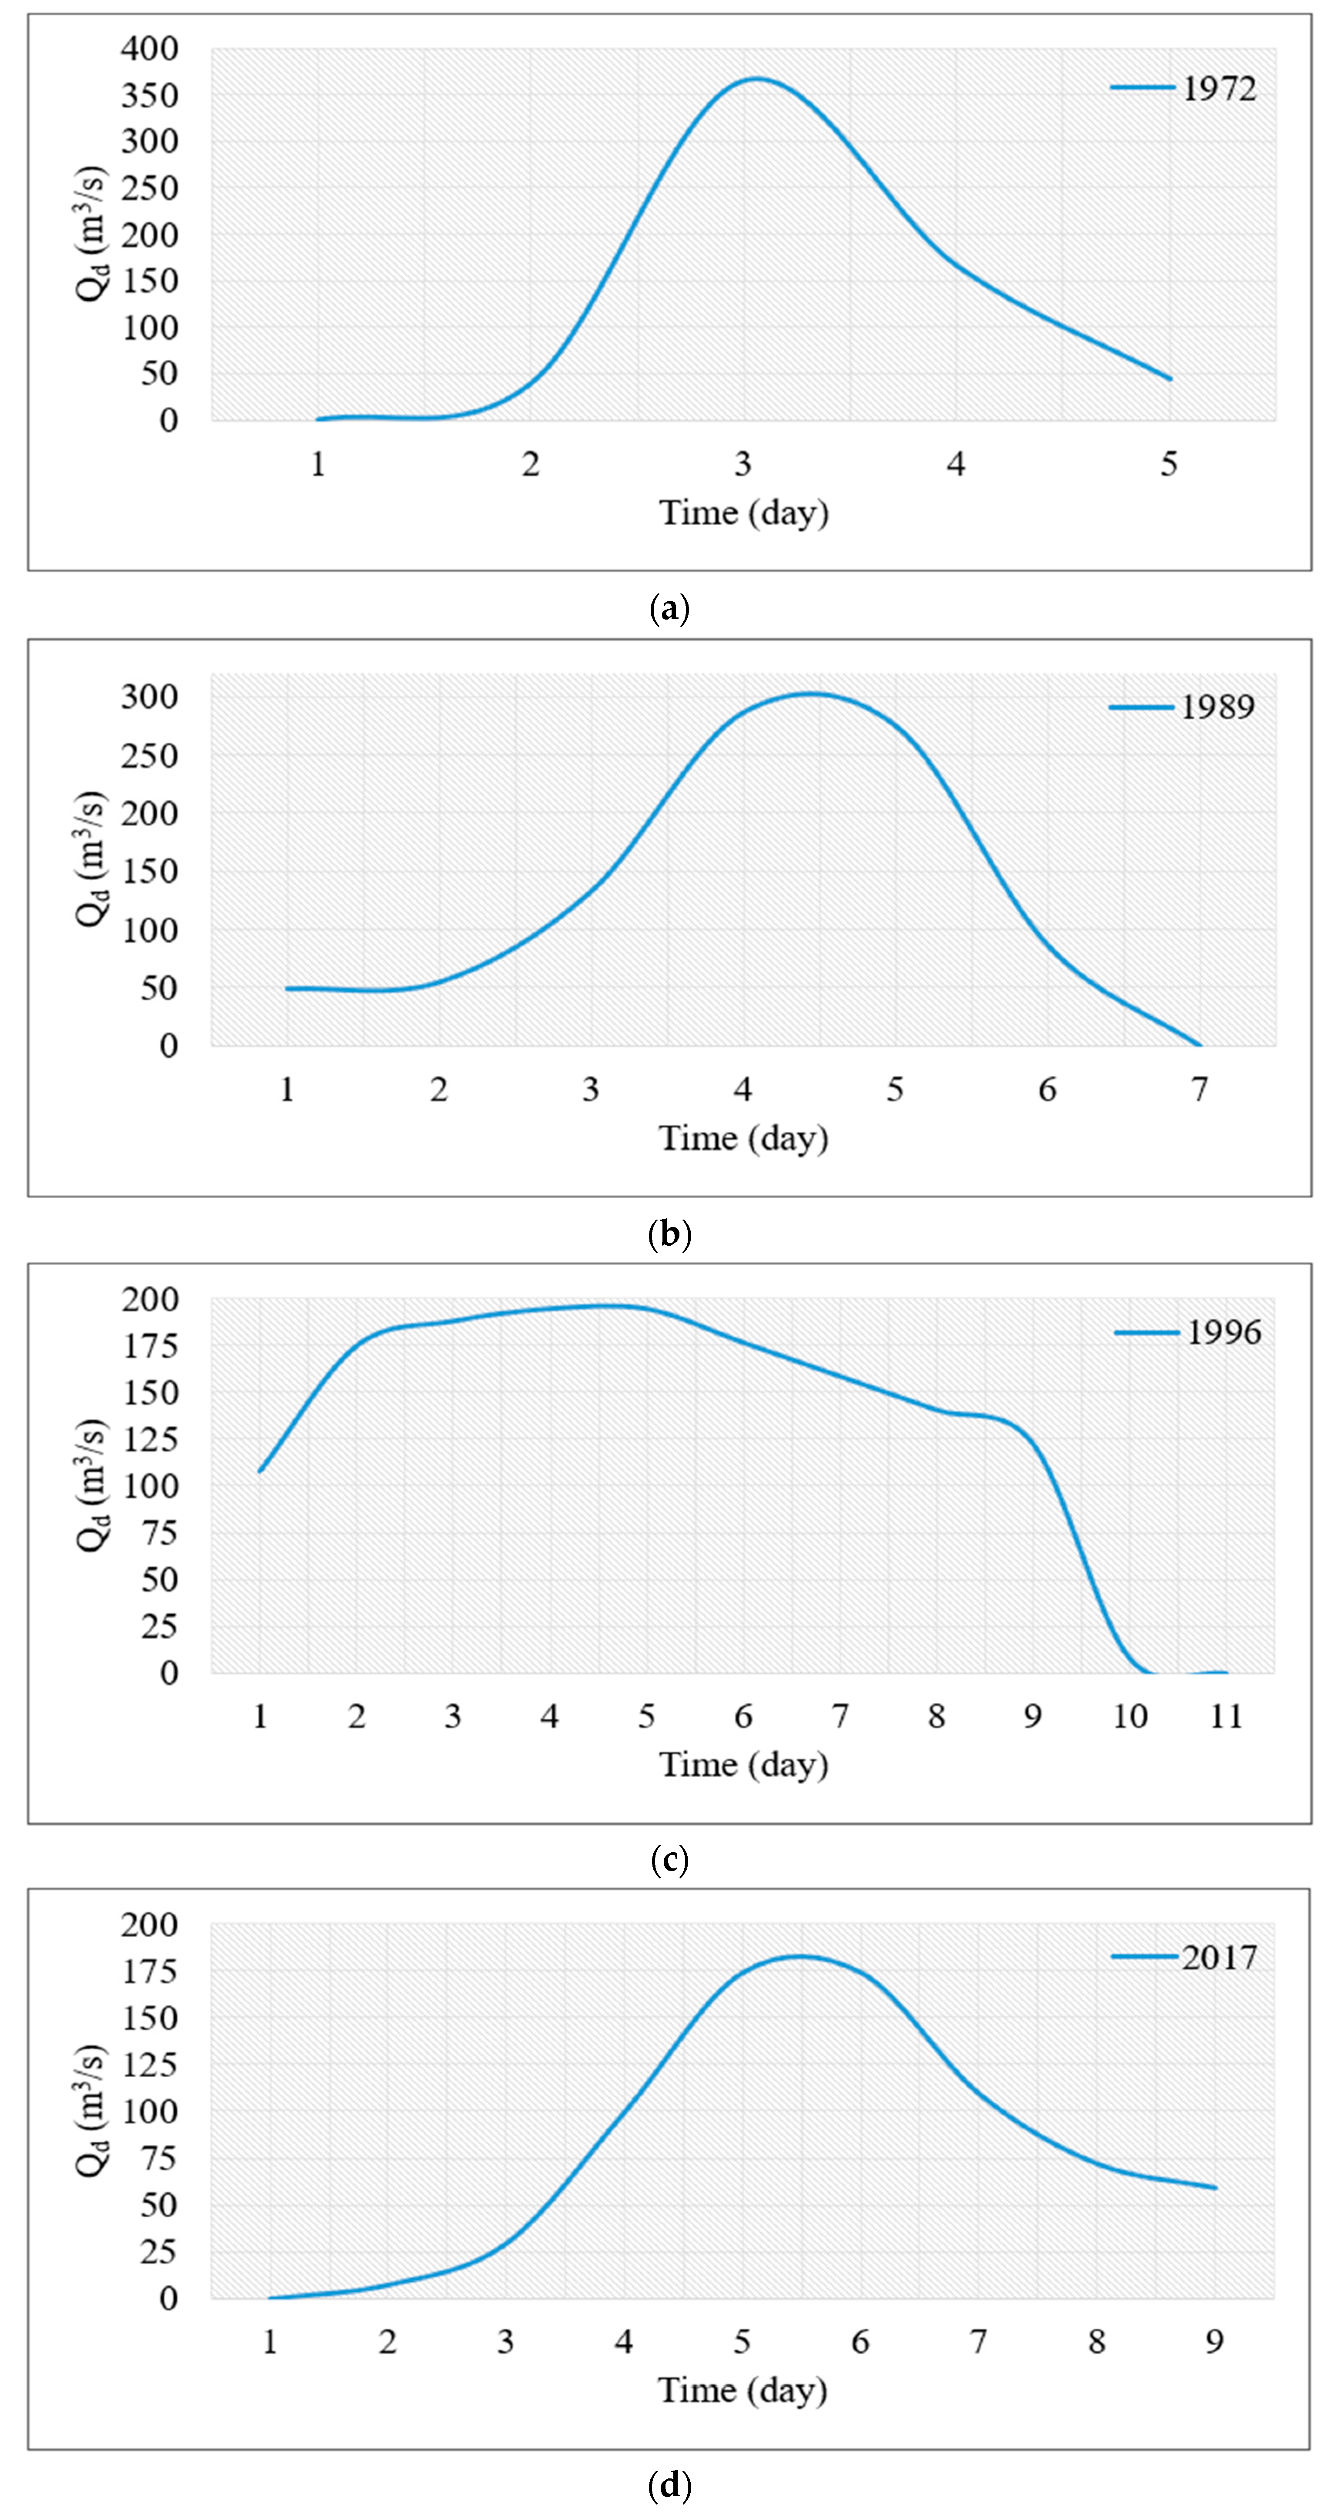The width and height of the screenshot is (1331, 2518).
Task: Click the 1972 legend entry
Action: pos(1184,89)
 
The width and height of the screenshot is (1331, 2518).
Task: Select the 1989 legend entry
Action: pos(1183,707)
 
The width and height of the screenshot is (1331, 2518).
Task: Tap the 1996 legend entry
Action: pos(1188,1332)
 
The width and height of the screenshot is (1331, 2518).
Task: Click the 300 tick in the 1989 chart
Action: pos(150,696)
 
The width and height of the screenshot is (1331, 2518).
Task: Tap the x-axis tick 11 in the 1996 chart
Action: pos(1225,1717)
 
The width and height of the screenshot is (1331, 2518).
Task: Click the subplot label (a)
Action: pos(669,609)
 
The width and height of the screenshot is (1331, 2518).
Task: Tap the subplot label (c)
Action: pos(669,1859)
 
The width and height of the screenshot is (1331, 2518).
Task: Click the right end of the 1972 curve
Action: pos(1170,378)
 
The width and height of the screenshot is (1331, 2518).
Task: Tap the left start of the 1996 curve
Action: pos(260,1471)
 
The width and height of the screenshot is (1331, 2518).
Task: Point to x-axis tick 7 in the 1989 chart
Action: pos(1199,1090)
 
